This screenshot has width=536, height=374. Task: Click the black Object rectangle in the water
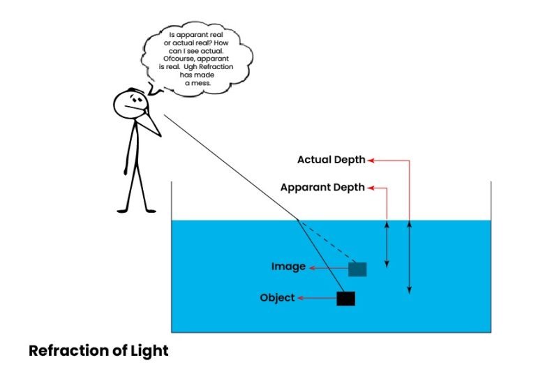pos(345,299)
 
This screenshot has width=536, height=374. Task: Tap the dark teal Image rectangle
pos(357,269)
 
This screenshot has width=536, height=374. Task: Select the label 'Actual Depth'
pos(331,160)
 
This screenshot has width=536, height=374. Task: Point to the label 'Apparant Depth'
pos(322,188)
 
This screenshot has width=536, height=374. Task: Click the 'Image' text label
pos(288,267)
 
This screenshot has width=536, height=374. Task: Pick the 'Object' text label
pos(277,298)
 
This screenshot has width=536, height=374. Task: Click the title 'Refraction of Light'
pos(98,350)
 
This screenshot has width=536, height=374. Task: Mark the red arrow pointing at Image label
pos(329,267)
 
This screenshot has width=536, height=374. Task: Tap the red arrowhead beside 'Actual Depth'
pos(371,160)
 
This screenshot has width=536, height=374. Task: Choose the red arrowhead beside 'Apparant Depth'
pos(371,188)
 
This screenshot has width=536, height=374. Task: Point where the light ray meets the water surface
pos(298,220)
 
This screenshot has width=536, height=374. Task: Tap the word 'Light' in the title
pos(151,350)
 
